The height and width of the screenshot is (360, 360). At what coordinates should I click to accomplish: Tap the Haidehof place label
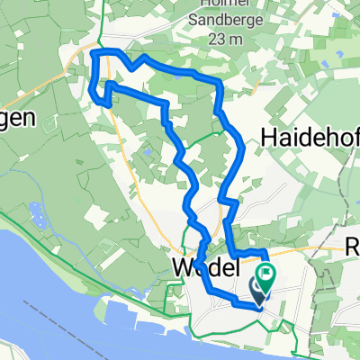coord(308,136)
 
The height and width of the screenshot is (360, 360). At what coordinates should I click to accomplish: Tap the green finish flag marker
coord(266,273)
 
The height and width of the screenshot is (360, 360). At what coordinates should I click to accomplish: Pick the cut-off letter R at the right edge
coord(353,245)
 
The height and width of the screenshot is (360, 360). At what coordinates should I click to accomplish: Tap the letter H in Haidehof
coord(269,136)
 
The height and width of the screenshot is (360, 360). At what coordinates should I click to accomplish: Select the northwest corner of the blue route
coord(95,54)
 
